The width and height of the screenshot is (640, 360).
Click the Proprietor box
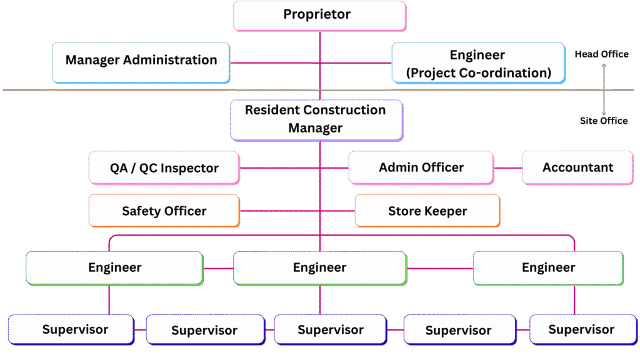pos(319,15)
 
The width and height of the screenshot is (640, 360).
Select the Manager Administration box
pos(141,61)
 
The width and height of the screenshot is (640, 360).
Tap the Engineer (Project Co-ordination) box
pos(478,63)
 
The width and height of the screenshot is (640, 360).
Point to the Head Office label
pos(601,54)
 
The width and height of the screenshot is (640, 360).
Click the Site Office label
pos(603,121)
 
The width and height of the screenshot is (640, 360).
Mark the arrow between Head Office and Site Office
pos(604,87)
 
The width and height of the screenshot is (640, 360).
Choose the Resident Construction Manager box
pos(316,119)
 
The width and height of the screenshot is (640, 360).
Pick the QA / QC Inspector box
pos(164,168)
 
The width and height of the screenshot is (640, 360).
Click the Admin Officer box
pos(421,167)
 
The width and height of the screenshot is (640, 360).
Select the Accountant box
pos(577,167)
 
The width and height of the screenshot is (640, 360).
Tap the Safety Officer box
pos(164,211)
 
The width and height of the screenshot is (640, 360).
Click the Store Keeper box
pos(427,211)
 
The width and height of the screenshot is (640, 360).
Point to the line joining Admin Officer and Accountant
pos(508,168)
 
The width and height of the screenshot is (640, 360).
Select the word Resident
pos(272,110)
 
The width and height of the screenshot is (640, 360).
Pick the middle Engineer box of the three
pos(319,268)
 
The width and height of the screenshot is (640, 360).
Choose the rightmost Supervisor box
pos(581,329)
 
